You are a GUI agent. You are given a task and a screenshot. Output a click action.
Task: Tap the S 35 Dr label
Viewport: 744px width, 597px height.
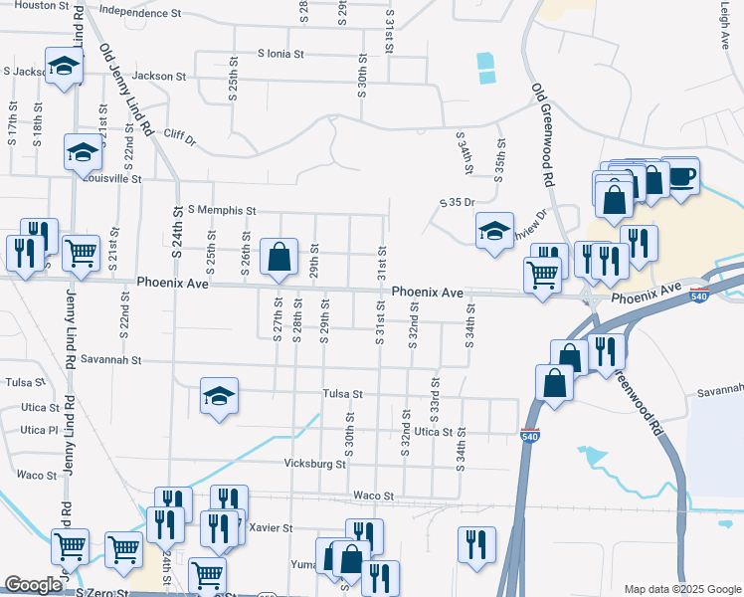(458, 203)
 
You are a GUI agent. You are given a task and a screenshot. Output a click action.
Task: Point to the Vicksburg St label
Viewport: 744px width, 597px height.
(313, 464)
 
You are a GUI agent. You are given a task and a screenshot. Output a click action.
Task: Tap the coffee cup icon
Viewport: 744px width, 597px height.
(681, 175)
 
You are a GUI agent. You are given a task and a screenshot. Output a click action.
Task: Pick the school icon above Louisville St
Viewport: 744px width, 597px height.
(83, 152)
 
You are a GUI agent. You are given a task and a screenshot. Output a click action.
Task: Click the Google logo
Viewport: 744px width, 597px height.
(34, 585)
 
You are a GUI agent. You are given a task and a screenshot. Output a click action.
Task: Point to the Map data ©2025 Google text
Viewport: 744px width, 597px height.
(681, 589)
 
